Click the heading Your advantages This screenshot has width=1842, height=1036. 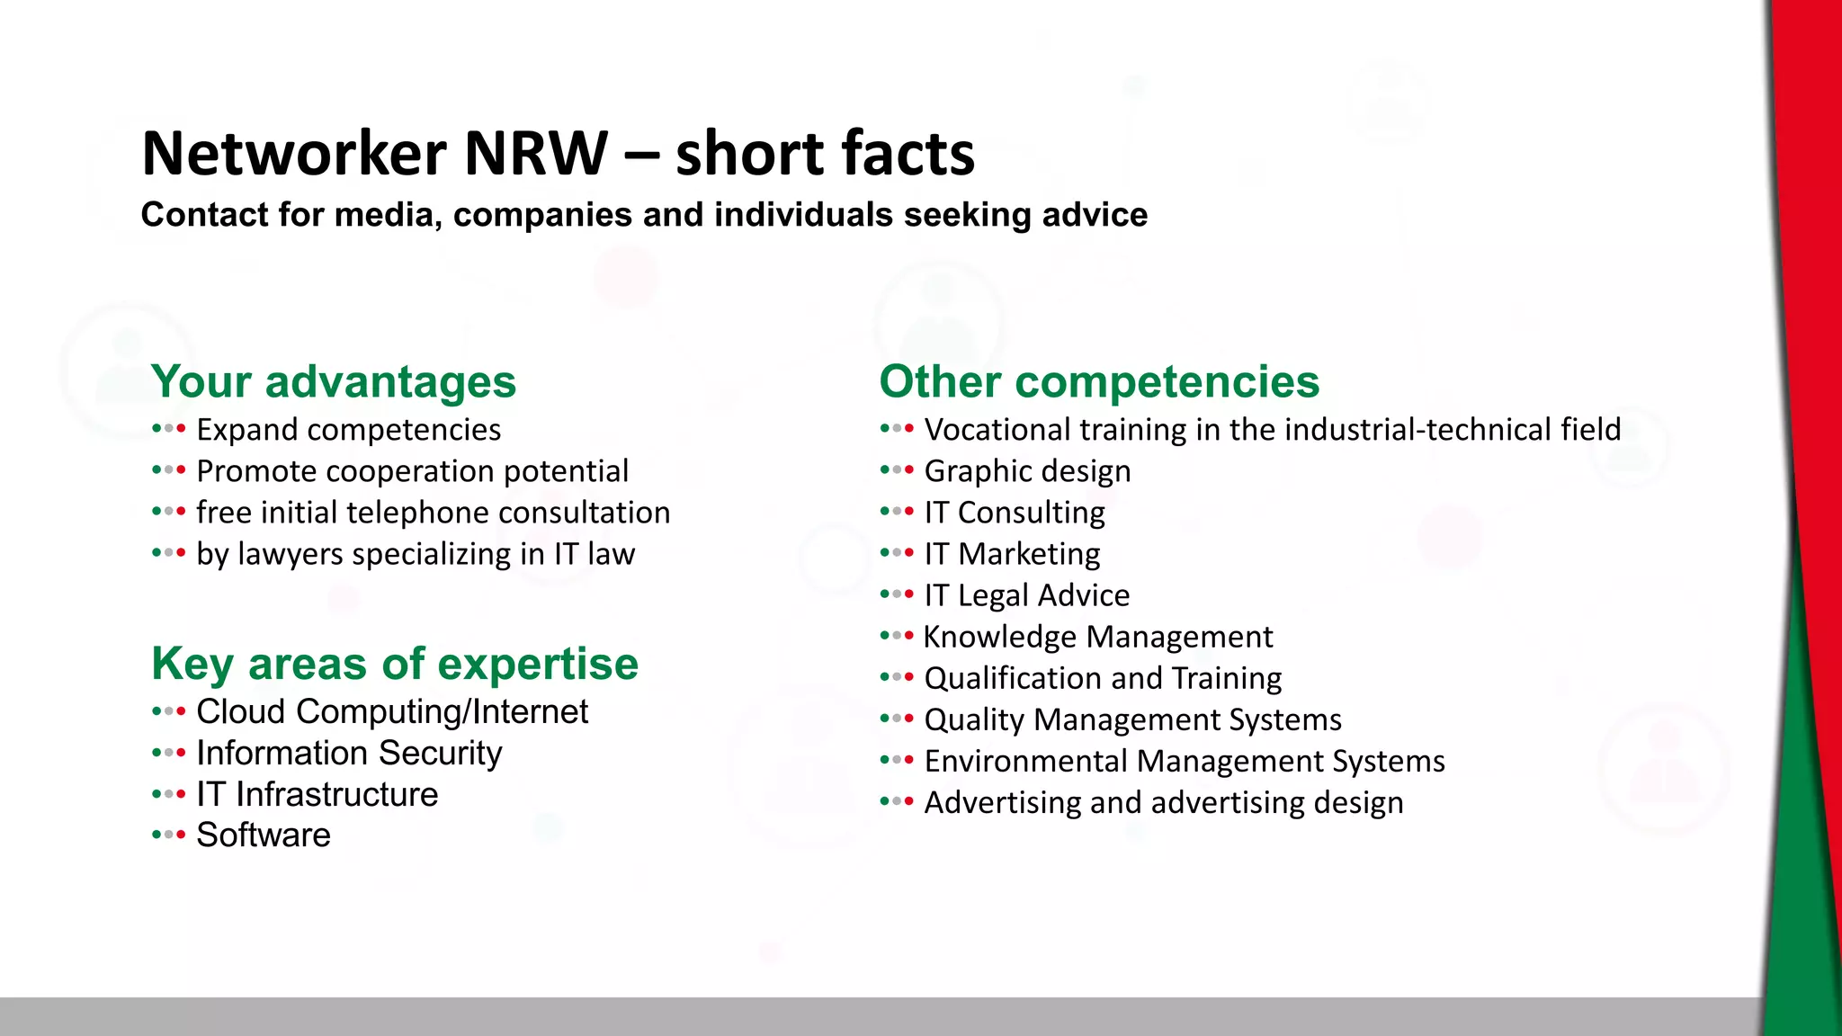pyautogui.click(x=334, y=381)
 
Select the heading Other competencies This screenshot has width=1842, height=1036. pyautogui.click(x=1099, y=381)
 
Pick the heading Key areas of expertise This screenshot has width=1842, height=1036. pyautogui.click(x=395, y=664)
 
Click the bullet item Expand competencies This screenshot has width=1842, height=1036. pyautogui.click(x=348, y=430)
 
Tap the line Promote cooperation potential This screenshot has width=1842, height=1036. pyautogui.click(x=412, y=471)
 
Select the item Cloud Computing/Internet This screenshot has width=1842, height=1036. pyautogui.click(x=392, y=711)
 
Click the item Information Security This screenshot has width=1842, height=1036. pyautogui.click(x=349, y=753)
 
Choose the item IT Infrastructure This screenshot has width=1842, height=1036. pyautogui.click(x=317, y=794)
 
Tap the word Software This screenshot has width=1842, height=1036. pyautogui.click(x=264, y=835)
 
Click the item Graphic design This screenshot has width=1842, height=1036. pyautogui.click(x=1027, y=471)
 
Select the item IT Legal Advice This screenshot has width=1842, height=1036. pyautogui.click(x=1026, y=595)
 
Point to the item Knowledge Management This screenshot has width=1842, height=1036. pyautogui.click(x=1098, y=637)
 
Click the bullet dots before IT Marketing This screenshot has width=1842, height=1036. pyautogui.click(x=897, y=553)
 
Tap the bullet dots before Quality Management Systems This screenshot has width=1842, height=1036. pyautogui.click(x=897, y=719)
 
